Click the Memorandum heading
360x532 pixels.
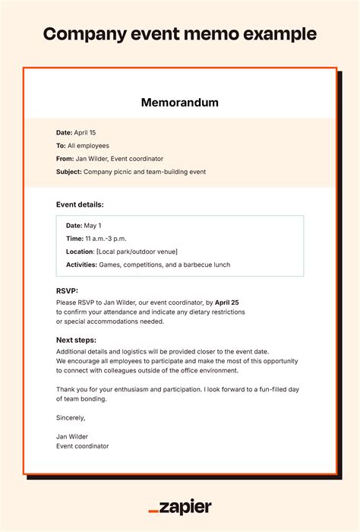tap(180, 103)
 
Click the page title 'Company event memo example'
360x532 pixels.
tap(180, 34)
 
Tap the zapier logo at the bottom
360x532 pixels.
tap(180, 507)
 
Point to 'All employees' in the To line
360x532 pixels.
tap(89, 145)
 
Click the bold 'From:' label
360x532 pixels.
tap(65, 159)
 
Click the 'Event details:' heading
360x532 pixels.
tap(80, 204)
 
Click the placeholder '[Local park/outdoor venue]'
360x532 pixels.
tap(136, 252)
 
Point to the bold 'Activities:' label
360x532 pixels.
tap(81, 264)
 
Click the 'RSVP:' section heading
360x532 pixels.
tap(68, 290)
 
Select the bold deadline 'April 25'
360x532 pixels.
tap(226, 302)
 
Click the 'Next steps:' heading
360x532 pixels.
tap(76, 340)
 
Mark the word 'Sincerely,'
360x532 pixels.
tap(71, 417)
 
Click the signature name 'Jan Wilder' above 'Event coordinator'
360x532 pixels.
tap(73, 436)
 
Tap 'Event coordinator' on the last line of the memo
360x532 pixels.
tap(82, 446)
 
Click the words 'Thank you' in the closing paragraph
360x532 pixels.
tap(72, 389)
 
